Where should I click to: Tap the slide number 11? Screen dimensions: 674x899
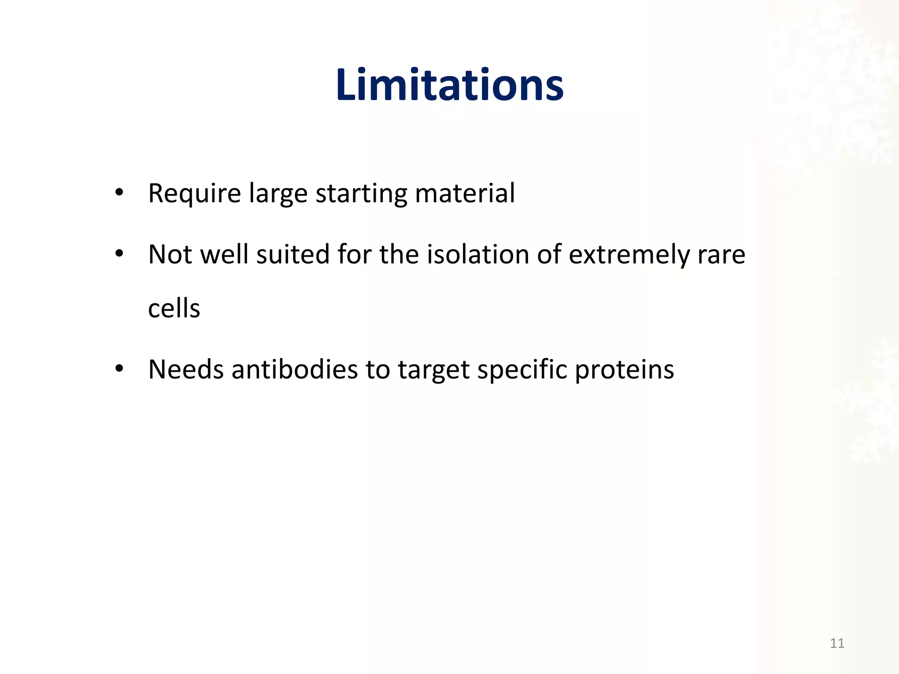[837, 643]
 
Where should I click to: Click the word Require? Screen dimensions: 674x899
[194, 194]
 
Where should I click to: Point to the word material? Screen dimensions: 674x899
[464, 194]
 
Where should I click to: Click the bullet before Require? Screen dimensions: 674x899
[119, 193]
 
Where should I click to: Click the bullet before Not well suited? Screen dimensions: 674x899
[119, 254]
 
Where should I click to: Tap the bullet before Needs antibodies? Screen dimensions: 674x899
[119, 369]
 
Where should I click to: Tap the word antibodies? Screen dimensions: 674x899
[295, 369]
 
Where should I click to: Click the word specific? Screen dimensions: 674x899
[522, 369]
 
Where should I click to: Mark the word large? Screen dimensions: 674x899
[278, 194]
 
